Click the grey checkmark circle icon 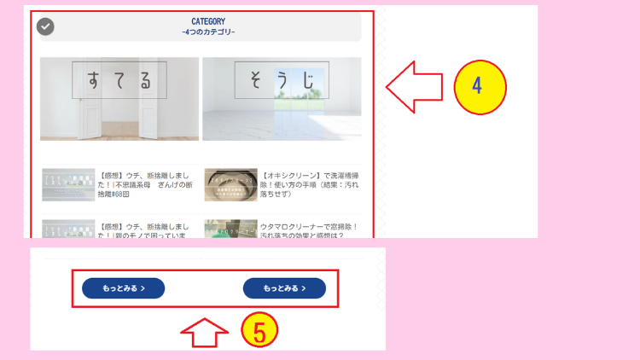tap(46, 26)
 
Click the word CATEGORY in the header tap(208, 20)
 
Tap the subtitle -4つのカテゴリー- tap(208, 32)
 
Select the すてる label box tap(119, 80)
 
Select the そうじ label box tap(282, 80)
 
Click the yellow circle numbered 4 tap(480, 86)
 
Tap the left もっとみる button tap(123, 288)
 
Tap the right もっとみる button tap(284, 288)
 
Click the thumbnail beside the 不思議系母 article tap(67, 184)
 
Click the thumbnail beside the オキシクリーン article tap(230, 184)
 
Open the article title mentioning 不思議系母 tap(147, 184)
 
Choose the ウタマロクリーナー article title tap(311, 231)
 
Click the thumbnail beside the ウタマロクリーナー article tap(230, 229)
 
